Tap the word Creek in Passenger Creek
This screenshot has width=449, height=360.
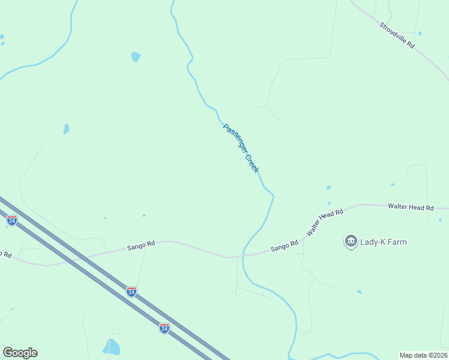click(x=251, y=163)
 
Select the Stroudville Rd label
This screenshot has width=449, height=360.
click(x=397, y=35)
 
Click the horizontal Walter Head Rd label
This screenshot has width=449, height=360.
click(x=411, y=207)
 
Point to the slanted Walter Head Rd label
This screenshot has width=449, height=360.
click(x=324, y=222)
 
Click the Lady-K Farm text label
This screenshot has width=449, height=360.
click(x=383, y=242)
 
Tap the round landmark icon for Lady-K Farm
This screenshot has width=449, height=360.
click(x=351, y=242)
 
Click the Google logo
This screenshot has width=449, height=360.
click(x=20, y=353)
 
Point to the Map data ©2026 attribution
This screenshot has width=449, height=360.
click(x=423, y=355)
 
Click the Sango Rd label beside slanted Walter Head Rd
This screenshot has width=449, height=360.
click(x=284, y=245)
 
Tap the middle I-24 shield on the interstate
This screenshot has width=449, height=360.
click(x=131, y=292)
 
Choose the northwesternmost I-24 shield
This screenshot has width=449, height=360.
click(x=11, y=220)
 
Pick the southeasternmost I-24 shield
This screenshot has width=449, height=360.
click(x=164, y=328)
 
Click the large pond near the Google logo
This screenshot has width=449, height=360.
click(x=112, y=347)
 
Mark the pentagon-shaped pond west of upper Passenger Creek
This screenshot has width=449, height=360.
click(x=136, y=57)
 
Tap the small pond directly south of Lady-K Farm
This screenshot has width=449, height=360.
click(x=359, y=292)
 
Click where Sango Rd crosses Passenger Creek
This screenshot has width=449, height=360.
click(x=244, y=256)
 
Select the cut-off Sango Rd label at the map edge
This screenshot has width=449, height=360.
click(x=5, y=254)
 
